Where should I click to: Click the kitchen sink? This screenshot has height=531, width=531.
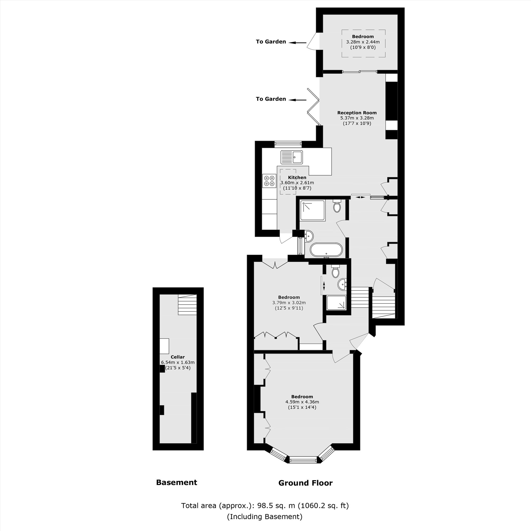292,157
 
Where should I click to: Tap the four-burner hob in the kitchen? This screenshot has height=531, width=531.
269,181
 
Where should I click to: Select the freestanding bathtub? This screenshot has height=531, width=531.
326,250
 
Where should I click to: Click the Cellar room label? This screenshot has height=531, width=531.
178,357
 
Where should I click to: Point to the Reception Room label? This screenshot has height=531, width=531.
357,113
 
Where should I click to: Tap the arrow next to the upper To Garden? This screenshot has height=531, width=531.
297,42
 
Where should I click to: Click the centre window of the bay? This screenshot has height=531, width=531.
303,460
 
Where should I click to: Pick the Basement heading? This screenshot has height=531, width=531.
177,483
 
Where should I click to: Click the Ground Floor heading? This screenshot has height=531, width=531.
305,483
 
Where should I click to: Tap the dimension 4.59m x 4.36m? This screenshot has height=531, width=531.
302,402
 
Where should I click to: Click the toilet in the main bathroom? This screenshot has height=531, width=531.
337,206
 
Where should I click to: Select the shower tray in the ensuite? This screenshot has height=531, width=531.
336,303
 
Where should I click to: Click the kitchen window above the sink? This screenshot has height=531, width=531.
288,143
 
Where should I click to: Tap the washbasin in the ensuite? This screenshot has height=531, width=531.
342,284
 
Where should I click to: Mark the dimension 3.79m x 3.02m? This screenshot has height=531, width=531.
289,303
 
